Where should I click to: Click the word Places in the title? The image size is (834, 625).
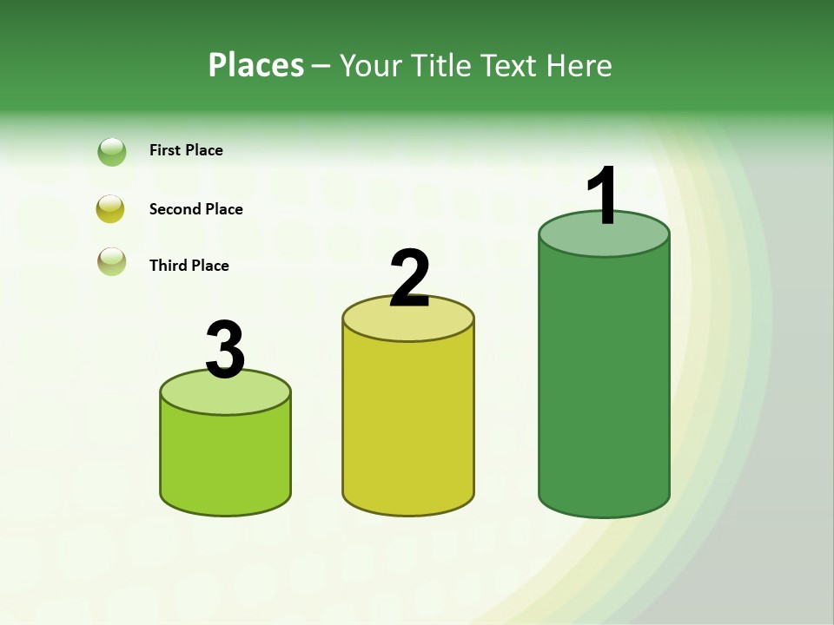click(256, 65)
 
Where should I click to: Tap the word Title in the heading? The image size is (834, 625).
click(440, 65)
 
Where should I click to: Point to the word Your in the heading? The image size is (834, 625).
click(370, 65)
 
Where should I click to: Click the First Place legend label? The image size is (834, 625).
click(186, 150)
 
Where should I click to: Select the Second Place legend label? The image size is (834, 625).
click(195, 209)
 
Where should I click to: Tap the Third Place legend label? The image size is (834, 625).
click(189, 266)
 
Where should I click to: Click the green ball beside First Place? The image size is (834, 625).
click(112, 152)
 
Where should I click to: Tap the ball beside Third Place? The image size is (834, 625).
click(112, 261)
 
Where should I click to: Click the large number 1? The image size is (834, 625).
click(602, 195)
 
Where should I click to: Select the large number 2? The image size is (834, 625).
click(410, 278)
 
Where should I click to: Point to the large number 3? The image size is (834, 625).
click(225, 350)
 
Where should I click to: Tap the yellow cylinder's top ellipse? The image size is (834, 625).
click(408, 323)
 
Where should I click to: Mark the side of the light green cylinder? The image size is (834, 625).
click(225, 460)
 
